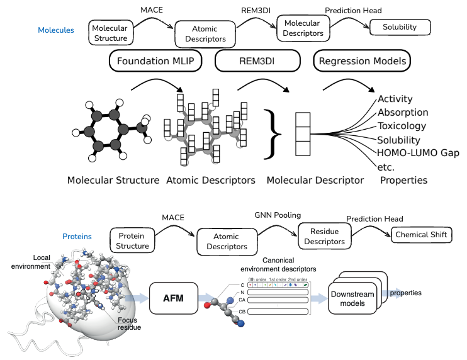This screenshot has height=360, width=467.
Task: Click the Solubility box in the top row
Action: click(400, 28)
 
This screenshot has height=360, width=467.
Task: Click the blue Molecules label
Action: click(56, 30)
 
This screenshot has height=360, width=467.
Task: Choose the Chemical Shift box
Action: click(422, 236)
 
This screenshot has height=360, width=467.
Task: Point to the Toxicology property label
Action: click(402, 126)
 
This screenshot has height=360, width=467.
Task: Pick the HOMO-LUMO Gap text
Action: click(418, 154)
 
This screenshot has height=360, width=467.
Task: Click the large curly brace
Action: click(272, 132)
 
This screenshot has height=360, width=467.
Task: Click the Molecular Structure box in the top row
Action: click(110, 33)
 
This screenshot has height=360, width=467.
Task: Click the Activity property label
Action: click(395, 99)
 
